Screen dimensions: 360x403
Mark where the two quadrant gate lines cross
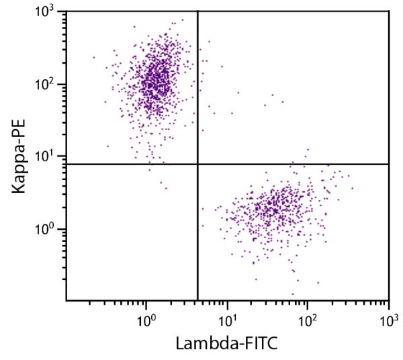197,164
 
